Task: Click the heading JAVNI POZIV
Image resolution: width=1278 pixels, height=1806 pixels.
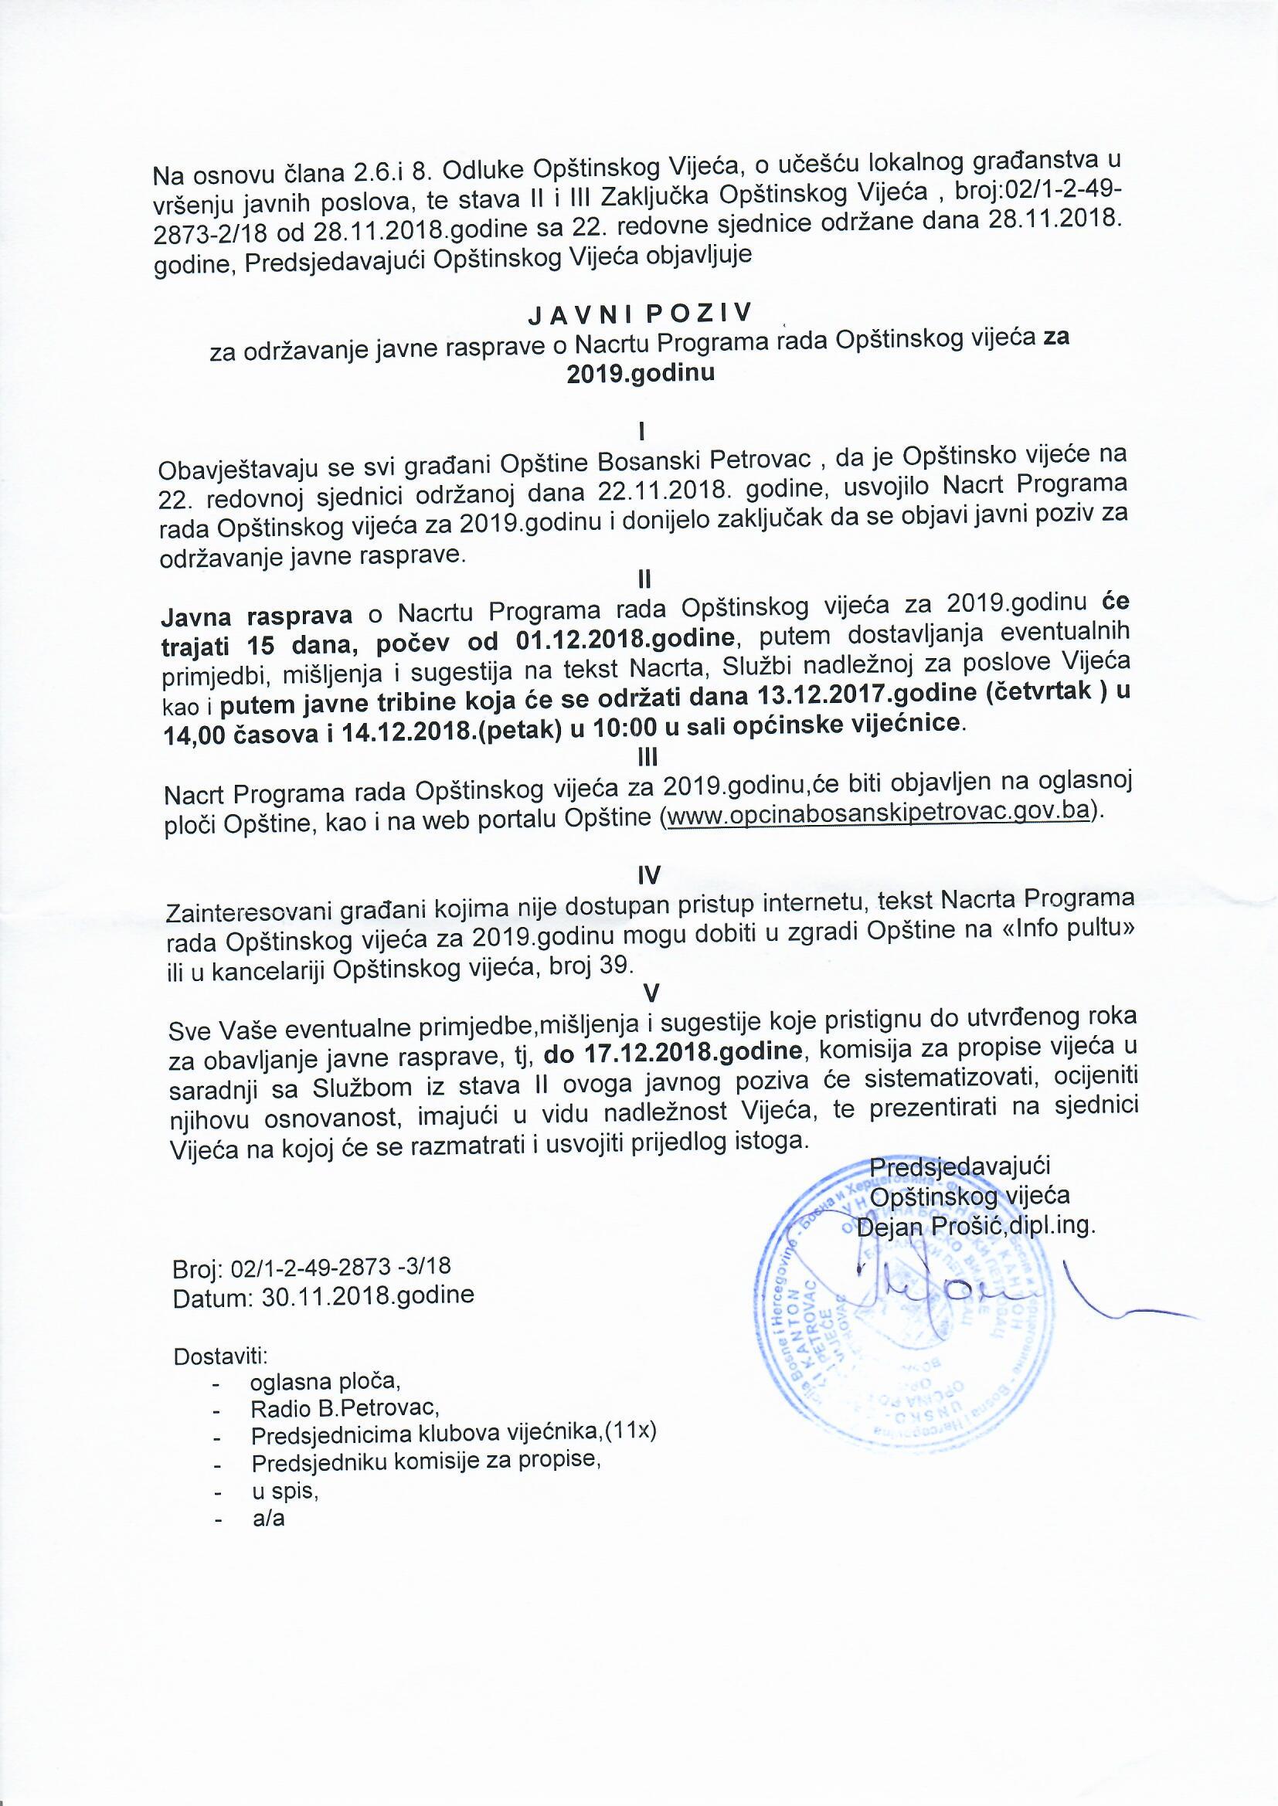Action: click(640, 313)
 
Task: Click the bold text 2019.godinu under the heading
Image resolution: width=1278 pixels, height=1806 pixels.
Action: click(641, 373)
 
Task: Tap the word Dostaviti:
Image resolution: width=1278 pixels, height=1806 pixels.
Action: click(220, 1358)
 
